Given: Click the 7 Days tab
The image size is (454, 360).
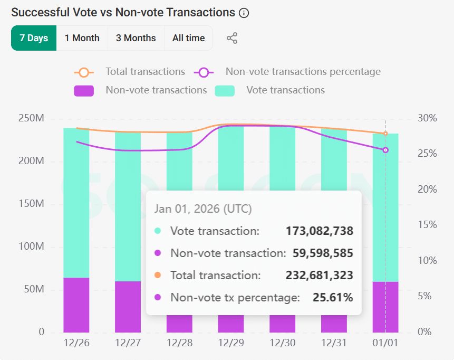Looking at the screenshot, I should [34, 38].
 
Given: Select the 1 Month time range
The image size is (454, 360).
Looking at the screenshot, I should [82, 38].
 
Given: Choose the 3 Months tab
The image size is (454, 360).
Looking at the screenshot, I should [136, 38].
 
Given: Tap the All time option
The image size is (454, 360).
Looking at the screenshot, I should [188, 38].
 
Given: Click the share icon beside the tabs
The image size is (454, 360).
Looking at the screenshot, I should [232, 38].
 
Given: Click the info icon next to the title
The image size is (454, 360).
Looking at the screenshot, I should [244, 13].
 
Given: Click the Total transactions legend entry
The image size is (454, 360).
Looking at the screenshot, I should [145, 72].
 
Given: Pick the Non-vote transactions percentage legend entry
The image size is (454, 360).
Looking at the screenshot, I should [303, 72].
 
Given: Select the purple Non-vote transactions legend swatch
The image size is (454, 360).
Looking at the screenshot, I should [84, 90].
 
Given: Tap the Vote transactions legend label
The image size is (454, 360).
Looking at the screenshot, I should [285, 90].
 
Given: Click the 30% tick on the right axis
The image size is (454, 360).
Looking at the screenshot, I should [427, 118].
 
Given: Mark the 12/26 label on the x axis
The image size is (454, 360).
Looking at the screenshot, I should [76, 343].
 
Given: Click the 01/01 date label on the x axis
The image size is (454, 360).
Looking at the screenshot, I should [385, 343].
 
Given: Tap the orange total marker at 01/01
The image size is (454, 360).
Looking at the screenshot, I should [385, 134].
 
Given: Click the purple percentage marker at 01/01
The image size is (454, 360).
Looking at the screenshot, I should [385, 150].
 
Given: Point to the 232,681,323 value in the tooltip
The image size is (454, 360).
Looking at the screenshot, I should [320, 276].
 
